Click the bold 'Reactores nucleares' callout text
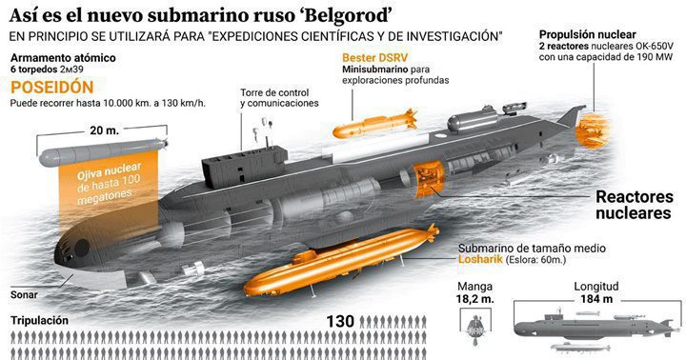pyautogui.click(x=629, y=206)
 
